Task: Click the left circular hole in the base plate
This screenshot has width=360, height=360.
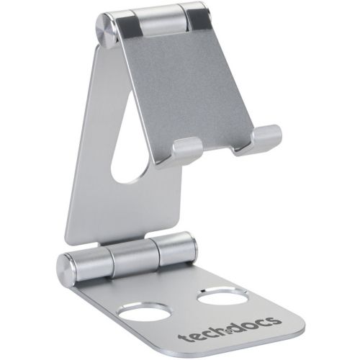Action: click(144, 312)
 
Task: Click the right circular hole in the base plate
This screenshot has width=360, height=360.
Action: click(222, 297)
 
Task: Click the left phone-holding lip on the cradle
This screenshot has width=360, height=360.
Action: click(186, 150)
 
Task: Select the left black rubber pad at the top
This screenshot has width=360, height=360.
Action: click(127, 28)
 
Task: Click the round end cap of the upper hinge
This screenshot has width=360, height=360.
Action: click(107, 31)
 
